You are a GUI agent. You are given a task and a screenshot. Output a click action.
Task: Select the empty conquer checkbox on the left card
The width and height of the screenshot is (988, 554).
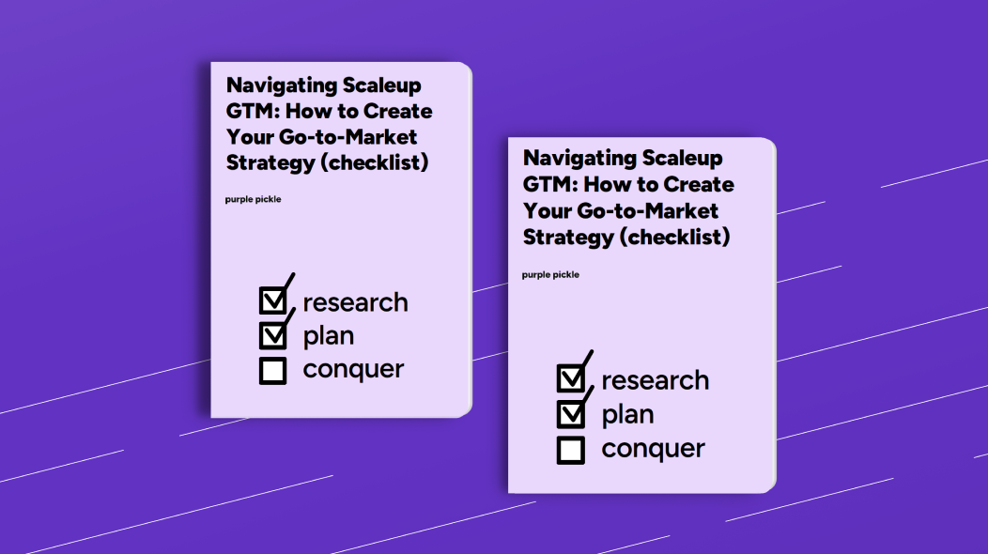pyautogui.click(x=272, y=371)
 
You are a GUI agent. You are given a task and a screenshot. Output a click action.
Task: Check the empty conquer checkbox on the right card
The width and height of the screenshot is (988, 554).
pyautogui.click(x=570, y=450)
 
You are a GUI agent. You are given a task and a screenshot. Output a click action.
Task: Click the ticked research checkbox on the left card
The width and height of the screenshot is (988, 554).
pyautogui.click(x=272, y=300)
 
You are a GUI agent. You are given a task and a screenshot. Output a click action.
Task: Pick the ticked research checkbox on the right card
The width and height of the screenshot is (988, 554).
pyautogui.click(x=570, y=378)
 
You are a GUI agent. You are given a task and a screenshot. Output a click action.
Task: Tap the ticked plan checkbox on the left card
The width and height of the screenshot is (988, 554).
pyautogui.click(x=272, y=334)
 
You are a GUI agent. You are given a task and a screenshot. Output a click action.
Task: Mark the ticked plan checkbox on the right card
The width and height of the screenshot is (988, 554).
pyautogui.click(x=570, y=413)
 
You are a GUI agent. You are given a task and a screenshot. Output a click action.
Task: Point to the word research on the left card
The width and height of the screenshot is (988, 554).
pyautogui.click(x=355, y=302)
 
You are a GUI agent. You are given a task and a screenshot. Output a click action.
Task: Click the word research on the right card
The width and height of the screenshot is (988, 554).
pyautogui.click(x=655, y=380)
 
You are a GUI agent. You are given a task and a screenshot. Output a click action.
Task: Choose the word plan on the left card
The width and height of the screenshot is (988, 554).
pyautogui.click(x=328, y=336)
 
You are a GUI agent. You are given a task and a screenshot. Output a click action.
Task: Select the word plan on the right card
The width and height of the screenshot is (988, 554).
pyautogui.click(x=627, y=415)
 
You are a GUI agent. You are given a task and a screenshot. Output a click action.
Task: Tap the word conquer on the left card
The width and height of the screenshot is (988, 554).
pyautogui.click(x=353, y=370)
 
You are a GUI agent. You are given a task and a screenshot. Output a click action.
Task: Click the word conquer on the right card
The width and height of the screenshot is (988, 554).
pyautogui.click(x=653, y=449)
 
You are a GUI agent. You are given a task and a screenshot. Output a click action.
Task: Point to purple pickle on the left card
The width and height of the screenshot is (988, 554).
pyautogui.click(x=253, y=199)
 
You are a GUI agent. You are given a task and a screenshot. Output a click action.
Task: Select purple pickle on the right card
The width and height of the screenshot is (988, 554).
pyautogui.click(x=550, y=274)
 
